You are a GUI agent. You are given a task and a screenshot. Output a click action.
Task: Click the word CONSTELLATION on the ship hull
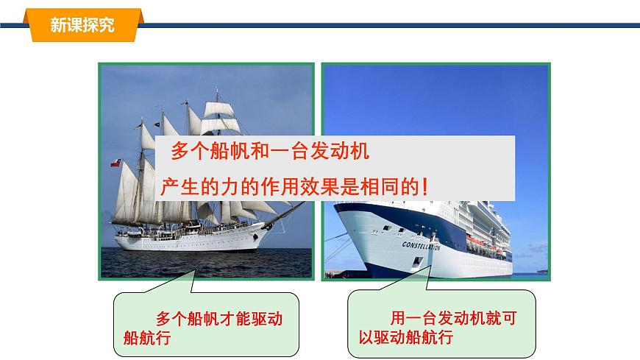tap(421, 245)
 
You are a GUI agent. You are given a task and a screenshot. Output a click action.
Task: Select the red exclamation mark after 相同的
tap(427, 188)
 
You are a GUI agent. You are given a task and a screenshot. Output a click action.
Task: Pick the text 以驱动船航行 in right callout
tap(401, 339)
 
